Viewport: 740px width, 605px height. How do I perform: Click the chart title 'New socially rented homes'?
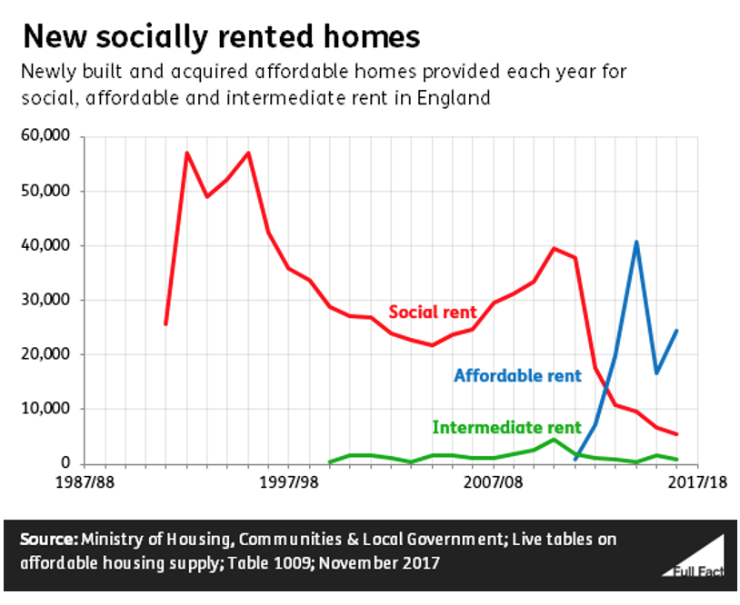(x=221, y=36)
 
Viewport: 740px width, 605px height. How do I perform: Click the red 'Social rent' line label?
(x=432, y=312)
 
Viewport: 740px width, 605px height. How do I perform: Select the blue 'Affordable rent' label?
(x=516, y=376)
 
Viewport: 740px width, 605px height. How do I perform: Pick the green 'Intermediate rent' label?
(x=506, y=427)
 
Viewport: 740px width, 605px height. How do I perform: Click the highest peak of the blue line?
(x=636, y=242)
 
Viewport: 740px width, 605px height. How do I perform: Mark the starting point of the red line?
(x=165, y=323)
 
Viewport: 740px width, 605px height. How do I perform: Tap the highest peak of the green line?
(x=554, y=440)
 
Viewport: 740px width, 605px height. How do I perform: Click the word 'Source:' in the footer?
(x=49, y=540)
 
